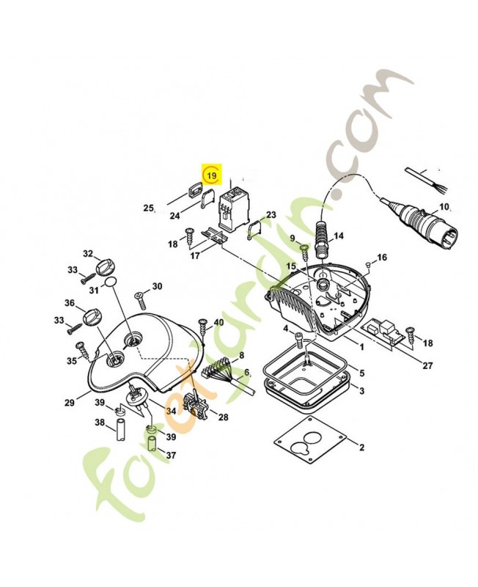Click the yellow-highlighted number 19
coord(211,175)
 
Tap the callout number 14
coord(338,237)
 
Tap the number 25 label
coord(148,208)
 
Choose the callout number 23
coord(271,215)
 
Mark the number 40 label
coord(218,323)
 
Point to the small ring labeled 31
coord(109,282)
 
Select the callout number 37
coord(171,456)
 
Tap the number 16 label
coord(381,258)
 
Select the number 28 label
coord(223,418)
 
